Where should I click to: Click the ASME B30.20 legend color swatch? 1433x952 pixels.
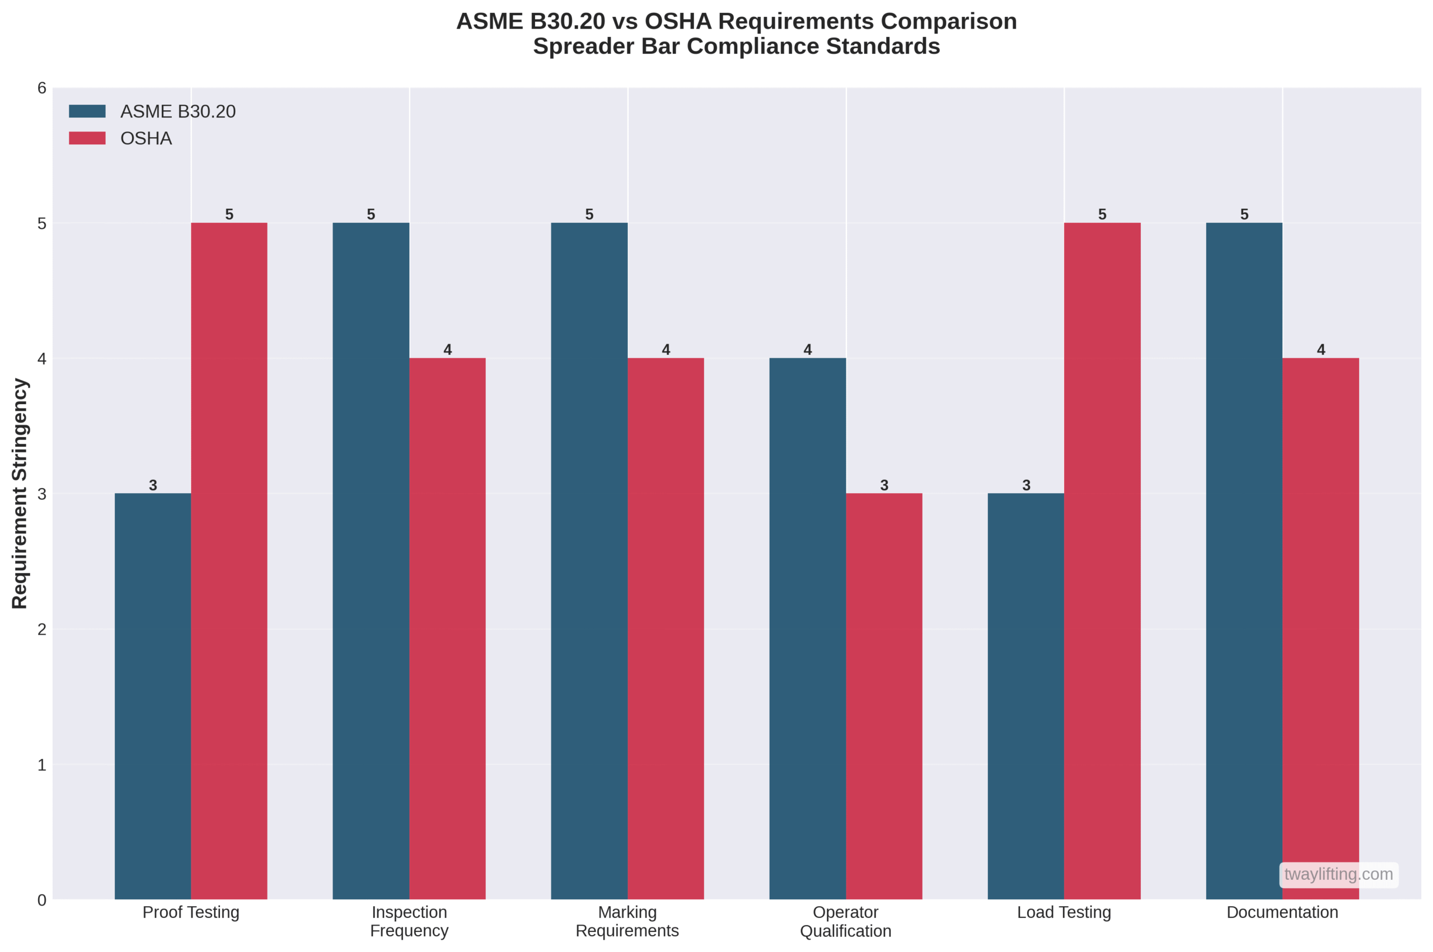87,111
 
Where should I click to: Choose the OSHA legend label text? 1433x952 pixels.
146,138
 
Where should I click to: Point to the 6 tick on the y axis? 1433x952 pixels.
41,88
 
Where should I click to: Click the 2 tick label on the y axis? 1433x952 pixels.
41,629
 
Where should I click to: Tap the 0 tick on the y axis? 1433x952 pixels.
41,900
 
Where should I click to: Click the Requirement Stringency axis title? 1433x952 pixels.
20,493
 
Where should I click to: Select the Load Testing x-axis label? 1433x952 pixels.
1064,912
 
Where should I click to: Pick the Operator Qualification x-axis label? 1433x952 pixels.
845,921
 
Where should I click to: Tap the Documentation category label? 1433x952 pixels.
1282,912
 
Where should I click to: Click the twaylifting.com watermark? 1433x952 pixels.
1338,874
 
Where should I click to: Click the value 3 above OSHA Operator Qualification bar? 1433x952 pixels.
884,485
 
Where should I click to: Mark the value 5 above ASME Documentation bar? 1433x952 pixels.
1244,214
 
